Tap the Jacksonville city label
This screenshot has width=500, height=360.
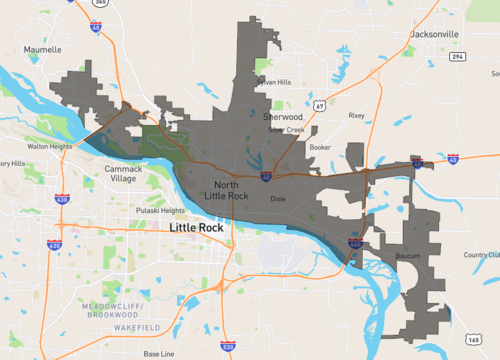click(434, 34)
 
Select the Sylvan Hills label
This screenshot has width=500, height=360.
click(273, 82)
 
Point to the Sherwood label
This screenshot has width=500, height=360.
click(283, 117)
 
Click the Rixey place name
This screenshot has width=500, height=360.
click(356, 115)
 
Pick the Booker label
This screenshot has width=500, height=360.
click(320, 147)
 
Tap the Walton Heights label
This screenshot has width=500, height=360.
click(49, 146)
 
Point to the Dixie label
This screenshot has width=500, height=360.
click(278, 199)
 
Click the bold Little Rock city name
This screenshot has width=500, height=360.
click(197, 229)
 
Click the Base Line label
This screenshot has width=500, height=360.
click(158, 354)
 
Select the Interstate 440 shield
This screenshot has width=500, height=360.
click(356, 243)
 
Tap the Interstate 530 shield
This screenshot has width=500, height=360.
click(228, 346)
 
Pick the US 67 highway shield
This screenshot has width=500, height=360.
click(318, 104)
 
